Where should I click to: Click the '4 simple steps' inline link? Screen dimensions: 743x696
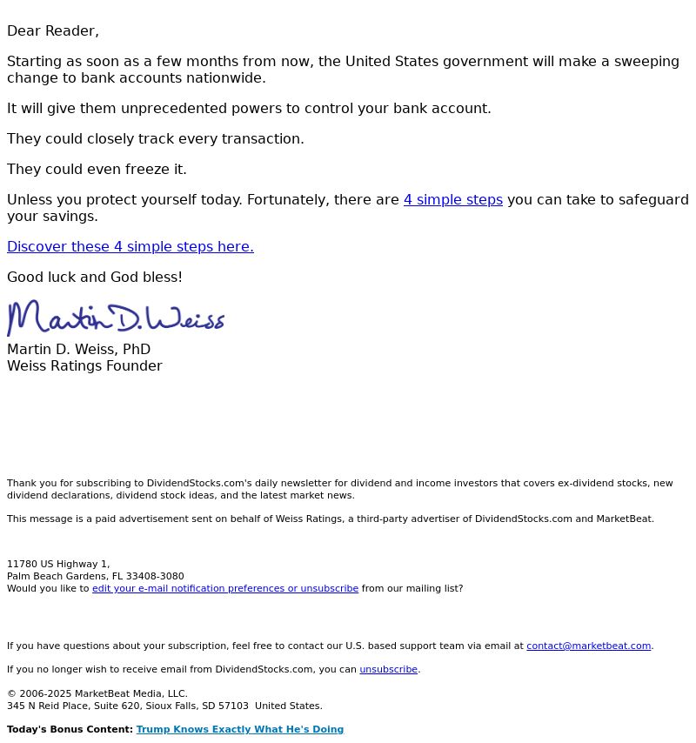click(x=452, y=200)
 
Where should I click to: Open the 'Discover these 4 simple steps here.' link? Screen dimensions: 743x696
click(x=130, y=247)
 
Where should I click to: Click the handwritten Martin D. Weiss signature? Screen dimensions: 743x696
click(x=116, y=318)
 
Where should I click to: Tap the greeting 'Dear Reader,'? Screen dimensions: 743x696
click(x=53, y=31)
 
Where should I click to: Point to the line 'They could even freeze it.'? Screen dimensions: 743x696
click(x=97, y=170)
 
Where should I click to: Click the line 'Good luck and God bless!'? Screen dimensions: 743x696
click(x=95, y=278)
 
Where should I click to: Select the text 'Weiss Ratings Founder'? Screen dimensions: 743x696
click(x=84, y=366)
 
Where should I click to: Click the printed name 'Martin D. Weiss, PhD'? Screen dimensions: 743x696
click(x=78, y=350)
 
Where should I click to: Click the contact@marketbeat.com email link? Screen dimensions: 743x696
click(x=588, y=646)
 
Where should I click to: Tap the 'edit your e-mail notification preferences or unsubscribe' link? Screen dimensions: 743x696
click(x=225, y=589)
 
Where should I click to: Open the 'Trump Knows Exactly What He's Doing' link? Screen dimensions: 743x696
click(x=240, y=730)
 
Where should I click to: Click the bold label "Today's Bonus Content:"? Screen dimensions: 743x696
click(x=70, y=730)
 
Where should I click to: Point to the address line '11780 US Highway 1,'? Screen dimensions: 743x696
click(x=58, y=565)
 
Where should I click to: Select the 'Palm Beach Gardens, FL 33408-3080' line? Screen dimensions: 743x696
click(x=96, y=577)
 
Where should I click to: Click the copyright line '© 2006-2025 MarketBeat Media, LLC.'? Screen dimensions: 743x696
click(x=97, y=694)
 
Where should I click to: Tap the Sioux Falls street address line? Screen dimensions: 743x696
click(x=164, y=706)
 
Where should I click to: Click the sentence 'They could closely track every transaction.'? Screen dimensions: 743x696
click(x=156, y=139)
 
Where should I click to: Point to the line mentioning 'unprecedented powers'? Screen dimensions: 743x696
click(x=249, y=109)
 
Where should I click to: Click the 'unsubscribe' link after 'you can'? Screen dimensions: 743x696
click(x=389, y=670)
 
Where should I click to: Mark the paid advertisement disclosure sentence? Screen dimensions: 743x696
click(x=331, y=519)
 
